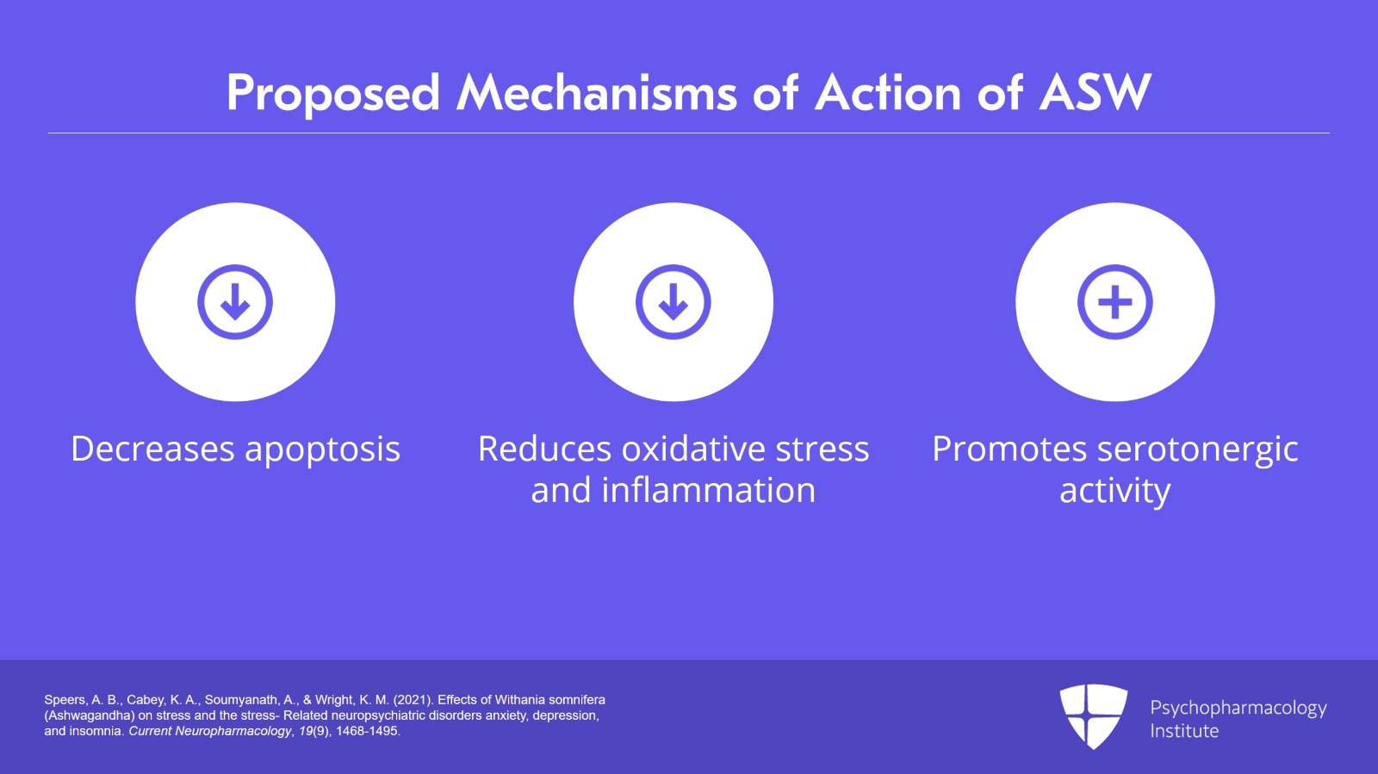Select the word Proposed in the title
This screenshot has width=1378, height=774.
click(333, 94)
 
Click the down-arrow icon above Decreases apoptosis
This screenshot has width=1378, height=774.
click(235, 302)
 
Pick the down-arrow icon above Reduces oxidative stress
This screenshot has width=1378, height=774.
click(673, 302)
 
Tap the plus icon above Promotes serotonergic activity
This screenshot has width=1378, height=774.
click(1114, 302)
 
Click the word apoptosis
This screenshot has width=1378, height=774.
click(322, 450)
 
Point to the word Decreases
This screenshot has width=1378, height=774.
click(152, 449)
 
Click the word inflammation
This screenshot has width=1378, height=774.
click(708, 490)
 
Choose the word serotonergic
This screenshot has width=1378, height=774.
click(1198, 450)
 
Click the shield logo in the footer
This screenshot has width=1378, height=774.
click(1093, 716)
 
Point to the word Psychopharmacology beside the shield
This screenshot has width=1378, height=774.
click(1238, 709)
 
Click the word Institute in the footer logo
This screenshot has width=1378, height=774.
click(1184, 731)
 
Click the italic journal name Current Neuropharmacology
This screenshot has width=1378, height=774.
click(210, 731)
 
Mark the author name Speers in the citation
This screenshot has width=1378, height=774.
click(65, 700)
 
